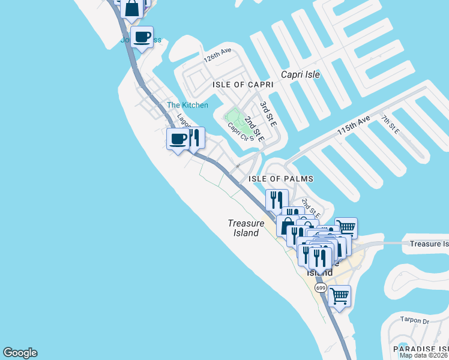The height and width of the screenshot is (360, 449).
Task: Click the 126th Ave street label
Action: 217,56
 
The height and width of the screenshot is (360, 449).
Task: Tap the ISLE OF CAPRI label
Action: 243,85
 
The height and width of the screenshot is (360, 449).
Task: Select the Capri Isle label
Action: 301,75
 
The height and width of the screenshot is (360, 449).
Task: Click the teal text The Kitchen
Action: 187,106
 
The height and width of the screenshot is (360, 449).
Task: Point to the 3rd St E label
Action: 268,113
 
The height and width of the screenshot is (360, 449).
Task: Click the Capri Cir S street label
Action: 238,132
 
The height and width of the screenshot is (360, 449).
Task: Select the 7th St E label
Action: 391,124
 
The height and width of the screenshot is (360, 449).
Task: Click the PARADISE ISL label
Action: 420,349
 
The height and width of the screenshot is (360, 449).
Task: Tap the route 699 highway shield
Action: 321,289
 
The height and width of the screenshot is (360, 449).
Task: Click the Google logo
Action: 20,353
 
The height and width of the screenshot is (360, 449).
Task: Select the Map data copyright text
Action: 424,355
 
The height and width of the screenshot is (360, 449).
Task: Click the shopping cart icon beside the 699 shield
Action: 340,295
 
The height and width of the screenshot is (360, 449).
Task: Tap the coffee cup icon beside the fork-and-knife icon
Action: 178,139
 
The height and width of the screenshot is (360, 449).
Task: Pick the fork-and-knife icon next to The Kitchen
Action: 194,137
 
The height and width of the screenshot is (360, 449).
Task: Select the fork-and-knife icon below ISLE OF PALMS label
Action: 277,199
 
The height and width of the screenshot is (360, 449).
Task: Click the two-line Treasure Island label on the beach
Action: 246,228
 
